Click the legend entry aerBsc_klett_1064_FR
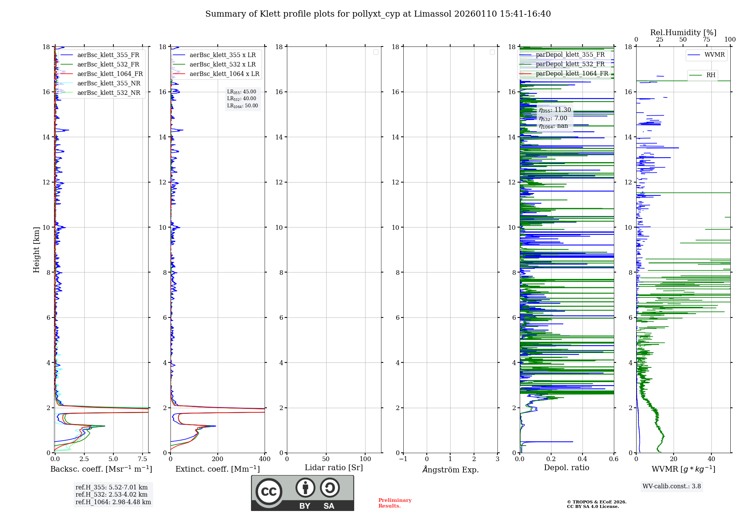(x=110, y=74)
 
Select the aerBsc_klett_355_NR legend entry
(x=109, y=84)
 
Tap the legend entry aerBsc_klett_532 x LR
(x=223, y=65)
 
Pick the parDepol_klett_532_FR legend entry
(x=570, y=64)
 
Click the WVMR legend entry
(x=714, y=55)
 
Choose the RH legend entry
(x=711, y=75)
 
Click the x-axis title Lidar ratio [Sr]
(x=333, y=468)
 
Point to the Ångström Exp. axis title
(x=450, y=470)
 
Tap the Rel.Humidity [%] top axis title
(x=683, y=33)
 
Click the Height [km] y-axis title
(x=36, y=250)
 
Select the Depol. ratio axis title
(x=566, y=468)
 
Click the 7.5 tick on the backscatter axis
(x=143, y=459)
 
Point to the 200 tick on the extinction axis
(x=218, y=459)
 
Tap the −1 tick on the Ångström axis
(x=403, y=459)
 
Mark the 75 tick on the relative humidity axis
(x=706, y=40)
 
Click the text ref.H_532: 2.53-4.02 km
(x=112, y=495)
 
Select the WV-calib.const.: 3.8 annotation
(x=672, y=486)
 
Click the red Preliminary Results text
(x=395, y=503)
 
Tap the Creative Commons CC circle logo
(x=269, y=492)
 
